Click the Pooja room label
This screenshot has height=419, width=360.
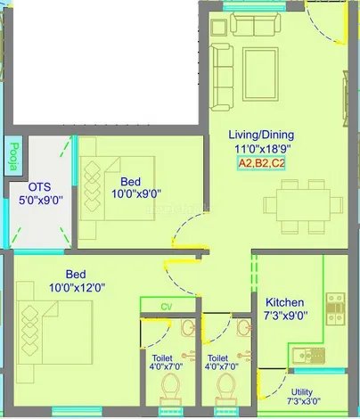tap(13, 157)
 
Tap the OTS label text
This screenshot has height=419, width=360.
tap(39, 187)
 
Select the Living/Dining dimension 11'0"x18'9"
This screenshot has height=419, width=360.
tap(262, 148)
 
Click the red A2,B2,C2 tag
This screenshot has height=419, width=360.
tap(261, 163)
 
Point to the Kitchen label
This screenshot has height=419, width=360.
tap(285, 302)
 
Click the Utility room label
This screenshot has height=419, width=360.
tap(302, 391)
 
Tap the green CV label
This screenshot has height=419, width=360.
tap(167, 307)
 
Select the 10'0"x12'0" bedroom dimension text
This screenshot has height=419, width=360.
tap(78, 288)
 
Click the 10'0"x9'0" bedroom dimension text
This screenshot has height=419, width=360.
tap(136, 194)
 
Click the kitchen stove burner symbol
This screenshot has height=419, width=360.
tap(336, 309)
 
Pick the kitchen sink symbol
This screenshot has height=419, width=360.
tap(308, 356)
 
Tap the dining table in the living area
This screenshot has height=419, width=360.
tap(303, 205)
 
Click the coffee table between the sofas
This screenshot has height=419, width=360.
tap(260, 74)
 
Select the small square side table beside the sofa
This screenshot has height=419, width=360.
tap(219, 28)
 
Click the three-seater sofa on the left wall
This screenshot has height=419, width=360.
tap(222, 78)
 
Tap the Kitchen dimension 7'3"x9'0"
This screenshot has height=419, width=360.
tap(286, 316)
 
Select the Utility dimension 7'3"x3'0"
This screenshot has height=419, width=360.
tap(304, 401)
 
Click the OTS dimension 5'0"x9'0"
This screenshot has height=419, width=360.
tap(41, 200)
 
